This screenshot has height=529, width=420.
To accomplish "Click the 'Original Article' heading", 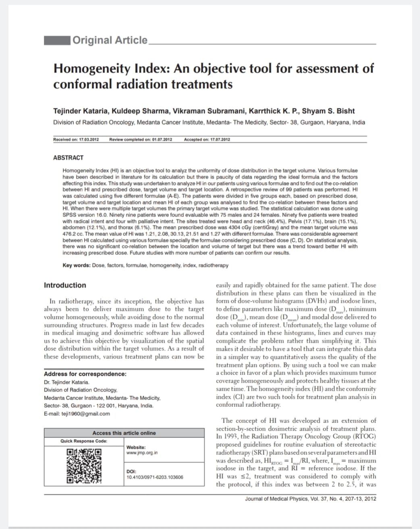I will pyautogui.click(x=110, y=40).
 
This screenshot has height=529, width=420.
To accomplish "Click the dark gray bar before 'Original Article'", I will pyautogui.click(x=57, y=40).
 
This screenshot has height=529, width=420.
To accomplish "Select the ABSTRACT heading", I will pyautogui.click(x=68, y=158).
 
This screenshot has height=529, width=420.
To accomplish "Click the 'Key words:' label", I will pyautogui.click(x=76, y=266).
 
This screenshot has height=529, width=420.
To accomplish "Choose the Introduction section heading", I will pyautogui.click(x=65, y=285).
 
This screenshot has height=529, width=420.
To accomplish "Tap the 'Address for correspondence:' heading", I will pyautogui.click(x=85, y=374).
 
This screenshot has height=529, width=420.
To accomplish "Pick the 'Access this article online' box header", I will pyautogui.click(x=124, y=433).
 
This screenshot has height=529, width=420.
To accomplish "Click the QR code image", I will pyautogui.click(x=84, y=465).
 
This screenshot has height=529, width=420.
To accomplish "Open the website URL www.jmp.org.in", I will pyautogui.click(x=142, y=453).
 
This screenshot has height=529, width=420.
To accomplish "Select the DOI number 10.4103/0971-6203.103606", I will pyautogui.click(x=155, y=477).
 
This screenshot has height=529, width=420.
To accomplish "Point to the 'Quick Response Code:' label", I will pyautogui.click(x=84, y=441).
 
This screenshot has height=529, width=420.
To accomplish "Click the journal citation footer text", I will pyautogui.click(x=310, y=499).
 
